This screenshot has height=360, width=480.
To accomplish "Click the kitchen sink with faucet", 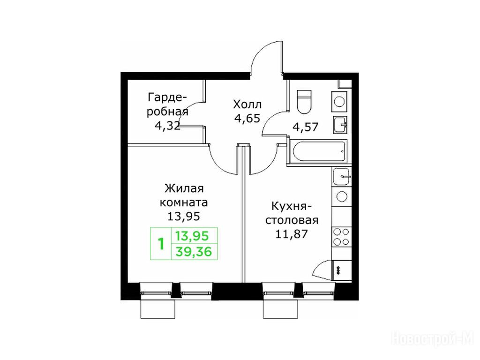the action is [x=341, y=177].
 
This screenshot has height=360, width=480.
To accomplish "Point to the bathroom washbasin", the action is [x=340, y=125].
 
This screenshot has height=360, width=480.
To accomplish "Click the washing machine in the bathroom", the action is [x=339, y=102].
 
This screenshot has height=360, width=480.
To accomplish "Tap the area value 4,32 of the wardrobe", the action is [x=167, y=126].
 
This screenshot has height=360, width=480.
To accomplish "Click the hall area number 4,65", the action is [x=247, y=118].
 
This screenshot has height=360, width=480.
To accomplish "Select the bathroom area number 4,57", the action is [x=306, y=126].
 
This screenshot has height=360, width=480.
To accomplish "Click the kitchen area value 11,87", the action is [x=291, y=234].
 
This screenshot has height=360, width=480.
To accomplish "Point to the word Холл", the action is [x=247, y=105].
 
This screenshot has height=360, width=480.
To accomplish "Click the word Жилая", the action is [x=184, y=188].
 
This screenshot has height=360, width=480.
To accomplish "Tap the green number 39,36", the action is [x=194, y=252].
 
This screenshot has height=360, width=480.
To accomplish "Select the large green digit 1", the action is [x=161, y=244].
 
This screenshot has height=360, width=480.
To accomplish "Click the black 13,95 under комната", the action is [x=184, y=217].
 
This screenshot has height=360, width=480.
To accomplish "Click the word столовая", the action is [x=292, y=220].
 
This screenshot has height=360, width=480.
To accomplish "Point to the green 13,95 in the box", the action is [x=192, y=236].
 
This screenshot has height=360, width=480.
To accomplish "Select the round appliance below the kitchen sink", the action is [x=341, y=196].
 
